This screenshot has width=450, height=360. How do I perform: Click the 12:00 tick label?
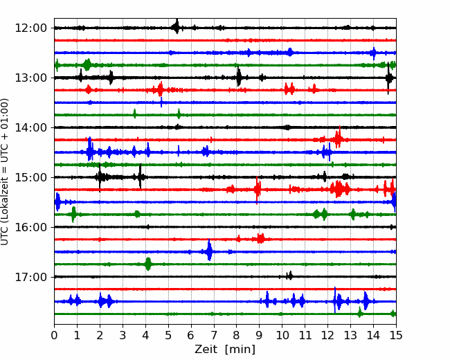[x=31, y=28]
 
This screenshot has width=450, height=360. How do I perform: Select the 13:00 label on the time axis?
[x=31, y=78]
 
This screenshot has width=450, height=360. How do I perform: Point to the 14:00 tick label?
[x=31, y=127]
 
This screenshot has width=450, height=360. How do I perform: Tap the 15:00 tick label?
[x=31, y=177]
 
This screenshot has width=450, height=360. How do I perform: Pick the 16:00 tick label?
[x=31, y=227]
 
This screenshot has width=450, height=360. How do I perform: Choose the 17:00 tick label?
[x=31, y=277]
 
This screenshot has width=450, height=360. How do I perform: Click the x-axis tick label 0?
[x=54, y=335]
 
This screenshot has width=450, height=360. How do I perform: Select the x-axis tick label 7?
[x=214, y=335]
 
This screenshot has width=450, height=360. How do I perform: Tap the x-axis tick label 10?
[x=282, y=335]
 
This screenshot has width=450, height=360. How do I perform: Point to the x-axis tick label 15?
[x=396, y=335]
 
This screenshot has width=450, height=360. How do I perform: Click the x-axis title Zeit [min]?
[x=225, y=350]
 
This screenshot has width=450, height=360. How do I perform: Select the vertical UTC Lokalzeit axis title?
[x=5, y=172]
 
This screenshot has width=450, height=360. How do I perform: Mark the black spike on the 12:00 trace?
[x=177, y=26]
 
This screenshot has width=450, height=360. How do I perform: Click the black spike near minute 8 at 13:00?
[x=238, y=76]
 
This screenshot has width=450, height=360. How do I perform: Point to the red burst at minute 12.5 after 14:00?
[x=339, y=137]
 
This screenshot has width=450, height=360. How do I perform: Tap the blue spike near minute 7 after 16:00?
[x=210, y=250]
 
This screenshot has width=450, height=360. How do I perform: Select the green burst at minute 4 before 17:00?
[x=147, y=264]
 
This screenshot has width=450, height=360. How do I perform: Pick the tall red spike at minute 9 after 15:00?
[x=257, y=190]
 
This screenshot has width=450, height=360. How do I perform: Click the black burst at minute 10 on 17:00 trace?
[x=290, y=276]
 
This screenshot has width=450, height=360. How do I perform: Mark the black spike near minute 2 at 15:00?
[x=100, y=177]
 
